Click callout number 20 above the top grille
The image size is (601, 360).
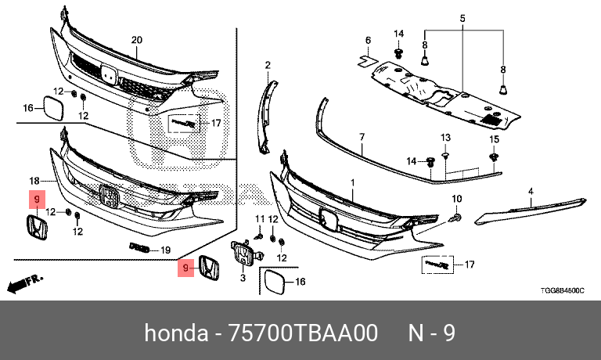point(136,40)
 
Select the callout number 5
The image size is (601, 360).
point(462,18)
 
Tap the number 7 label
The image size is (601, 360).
point(362,136)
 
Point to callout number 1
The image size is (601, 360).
point(352,182)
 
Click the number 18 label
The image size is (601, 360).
point(34,180)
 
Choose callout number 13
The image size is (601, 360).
point(445,137)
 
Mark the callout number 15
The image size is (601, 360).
point(494,139)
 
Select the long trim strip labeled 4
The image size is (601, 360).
point(532,208)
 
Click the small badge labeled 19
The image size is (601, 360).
point(139,249)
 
